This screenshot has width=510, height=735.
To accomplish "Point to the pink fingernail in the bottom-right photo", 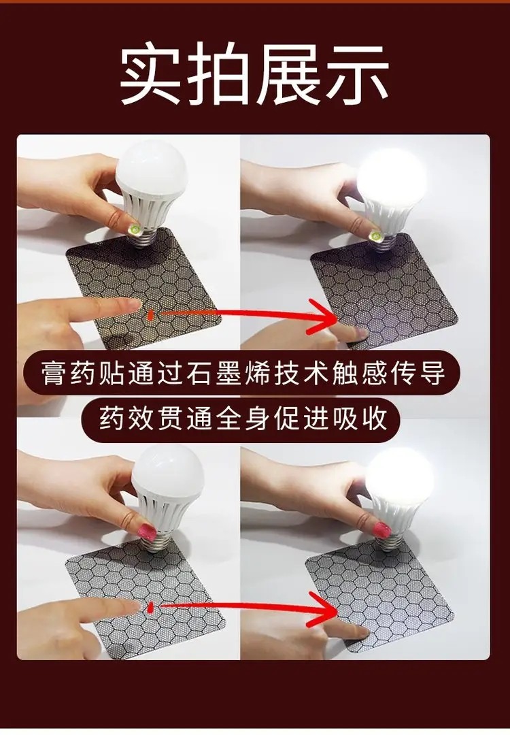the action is [x=381, y=529].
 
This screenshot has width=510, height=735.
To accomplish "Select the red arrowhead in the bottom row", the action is [x=323, y=609].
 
